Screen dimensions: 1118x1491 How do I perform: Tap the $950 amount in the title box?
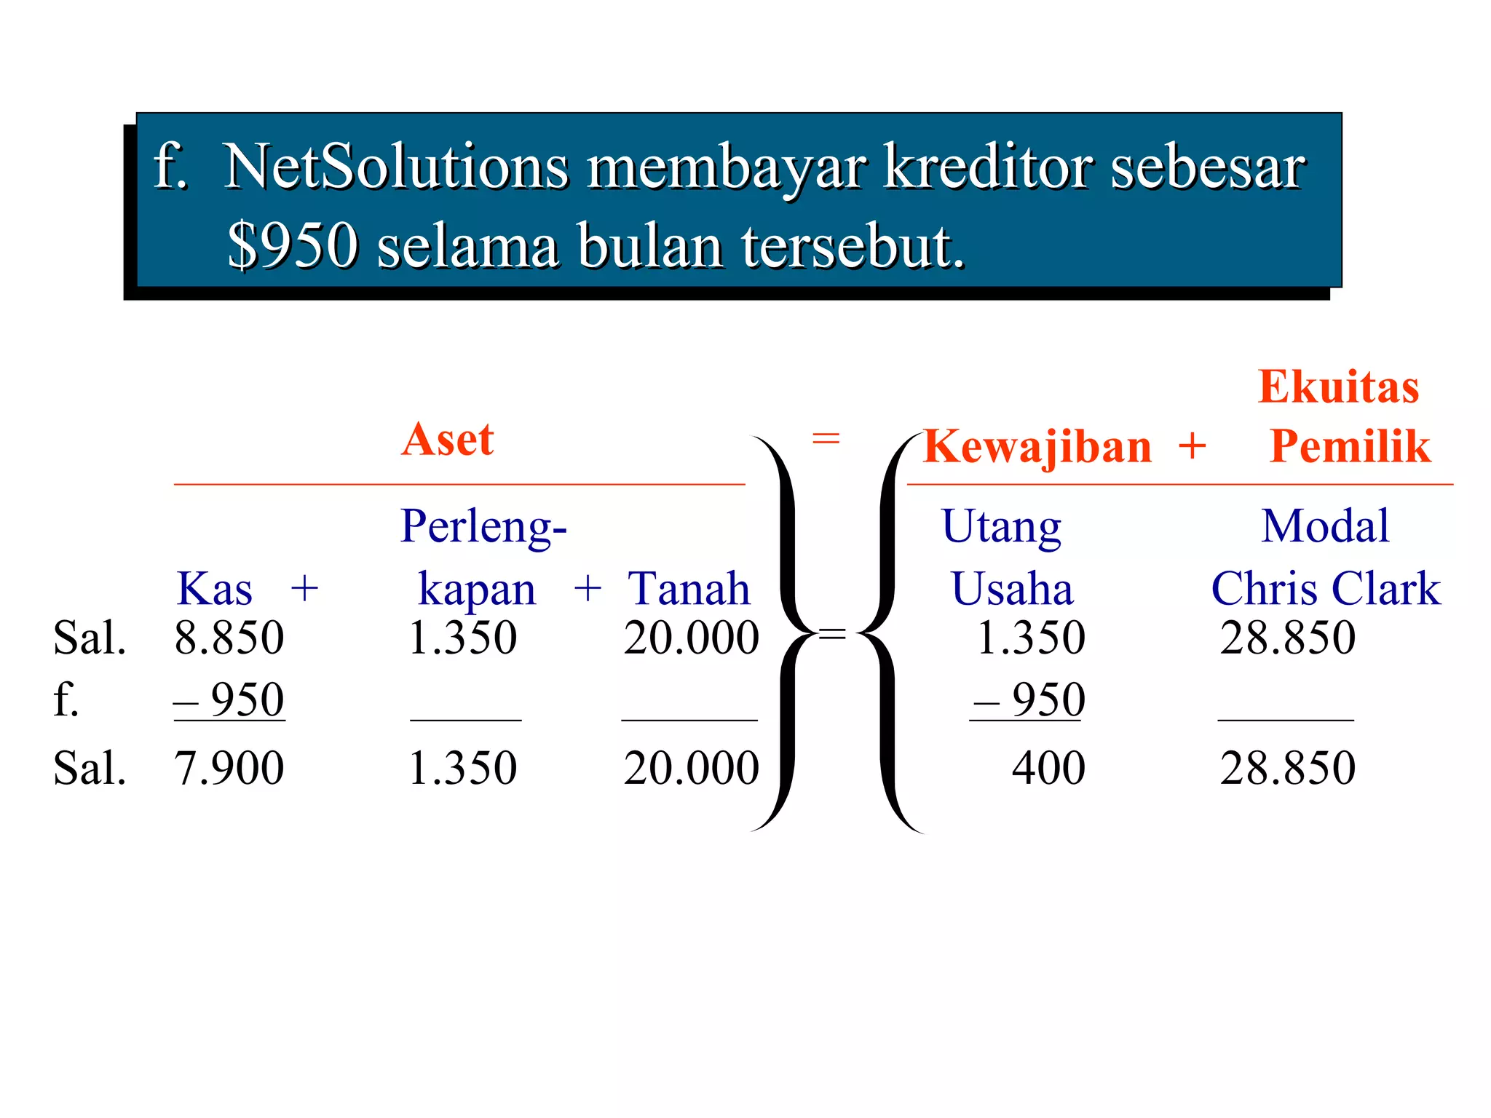[x=293, y=245]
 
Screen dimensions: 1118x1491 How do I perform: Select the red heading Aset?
[x=448, y=440]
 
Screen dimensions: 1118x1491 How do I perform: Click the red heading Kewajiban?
[x=1037, y=446]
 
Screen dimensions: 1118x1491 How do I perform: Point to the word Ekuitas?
[x=1338, y=386]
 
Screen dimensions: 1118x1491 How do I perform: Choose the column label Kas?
[x=214, y=589]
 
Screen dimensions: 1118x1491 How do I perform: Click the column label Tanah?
[x=688, y=589]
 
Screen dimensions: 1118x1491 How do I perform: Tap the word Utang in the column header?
[x=1001, y=526]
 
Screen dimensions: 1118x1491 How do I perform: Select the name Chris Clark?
[x=1325, y=589]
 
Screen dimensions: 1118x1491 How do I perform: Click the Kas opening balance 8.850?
[x=229, y=638]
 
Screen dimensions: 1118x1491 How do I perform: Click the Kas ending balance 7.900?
[x=229, y=769]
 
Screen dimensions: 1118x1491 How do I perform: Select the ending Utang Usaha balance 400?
[x=1048, y=769]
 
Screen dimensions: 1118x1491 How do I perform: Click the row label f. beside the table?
[x=66, y=700]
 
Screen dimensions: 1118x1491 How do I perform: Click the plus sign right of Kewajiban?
[x=1193, y=446]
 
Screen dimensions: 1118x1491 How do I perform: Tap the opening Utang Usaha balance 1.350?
[x=1030, y=638]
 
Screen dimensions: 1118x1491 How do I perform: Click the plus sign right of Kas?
[x=304, y=589]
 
